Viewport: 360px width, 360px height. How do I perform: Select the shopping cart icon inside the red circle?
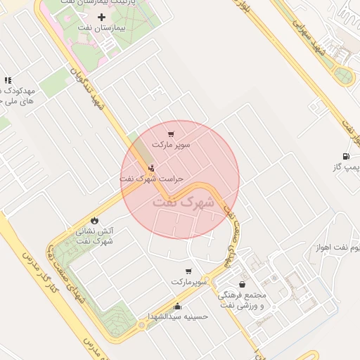pyautogui.click(x=171, y=134)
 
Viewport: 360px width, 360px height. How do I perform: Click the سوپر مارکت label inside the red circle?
pyautogui.click(x=172, y=145)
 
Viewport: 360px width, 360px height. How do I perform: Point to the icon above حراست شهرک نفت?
pyautogui.click(x=152, y=168)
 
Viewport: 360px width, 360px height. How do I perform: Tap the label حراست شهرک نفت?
pyautogui.click(x=150, y=179)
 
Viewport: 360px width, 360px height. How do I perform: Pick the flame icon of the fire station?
pyautogui.click(x=94, y=220)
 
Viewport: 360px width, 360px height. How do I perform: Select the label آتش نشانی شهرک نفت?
pyautogui.click(x=95, y=236)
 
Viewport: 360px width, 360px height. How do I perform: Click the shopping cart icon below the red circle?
pyautogui.click(x=188, y=271)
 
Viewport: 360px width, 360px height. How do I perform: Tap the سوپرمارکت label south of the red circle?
pyautogui.click(x=188, y=281)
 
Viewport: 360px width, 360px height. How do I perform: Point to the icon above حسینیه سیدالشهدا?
pyautogui.click(x=177, y=306)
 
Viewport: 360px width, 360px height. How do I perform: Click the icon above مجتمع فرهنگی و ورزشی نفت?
pyautogui.click(x=243, y=284)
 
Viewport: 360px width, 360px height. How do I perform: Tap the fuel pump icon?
pyautogui.click(x=345, y=156)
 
